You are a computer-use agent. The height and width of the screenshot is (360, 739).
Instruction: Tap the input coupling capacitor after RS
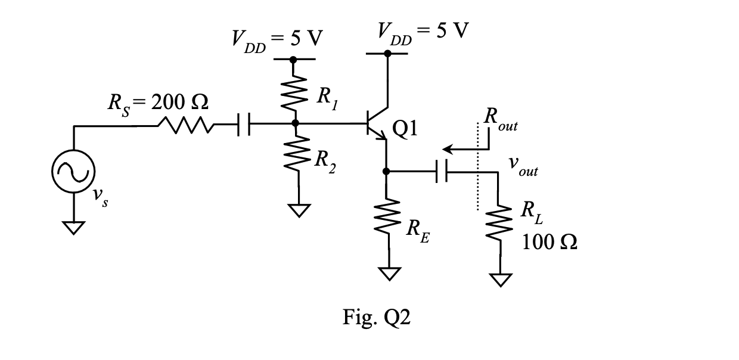tap(244, 124)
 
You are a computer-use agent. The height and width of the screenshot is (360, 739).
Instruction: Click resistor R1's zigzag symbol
tap(294, 93)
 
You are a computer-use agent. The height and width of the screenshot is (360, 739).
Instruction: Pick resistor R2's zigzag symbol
tap(297, 153)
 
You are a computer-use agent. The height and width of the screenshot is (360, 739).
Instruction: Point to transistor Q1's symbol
tap(377, 123)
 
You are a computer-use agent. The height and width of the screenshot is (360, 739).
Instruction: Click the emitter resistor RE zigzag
tap(387, 216)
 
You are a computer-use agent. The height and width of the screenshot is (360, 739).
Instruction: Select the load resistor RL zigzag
tap(499, 223)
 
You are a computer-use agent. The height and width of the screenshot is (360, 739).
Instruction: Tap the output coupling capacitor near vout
tap(442, 171)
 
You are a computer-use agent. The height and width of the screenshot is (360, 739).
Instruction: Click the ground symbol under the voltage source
tap(73, 228)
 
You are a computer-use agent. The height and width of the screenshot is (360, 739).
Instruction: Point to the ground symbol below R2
tap(299, 210)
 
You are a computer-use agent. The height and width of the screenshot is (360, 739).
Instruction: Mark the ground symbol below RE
tap(390, 274)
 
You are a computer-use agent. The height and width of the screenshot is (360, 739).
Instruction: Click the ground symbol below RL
tap(501, 280)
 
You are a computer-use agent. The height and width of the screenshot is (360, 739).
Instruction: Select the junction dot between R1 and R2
tap(295, 123)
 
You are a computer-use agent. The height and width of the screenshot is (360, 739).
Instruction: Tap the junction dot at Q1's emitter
tap(386, 171)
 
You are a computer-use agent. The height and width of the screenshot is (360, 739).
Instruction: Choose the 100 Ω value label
tap(549, 242)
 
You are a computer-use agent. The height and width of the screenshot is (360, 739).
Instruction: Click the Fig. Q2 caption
tap(377, 318)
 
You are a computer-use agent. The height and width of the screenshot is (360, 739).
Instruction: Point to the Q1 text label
tap(405, 129)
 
